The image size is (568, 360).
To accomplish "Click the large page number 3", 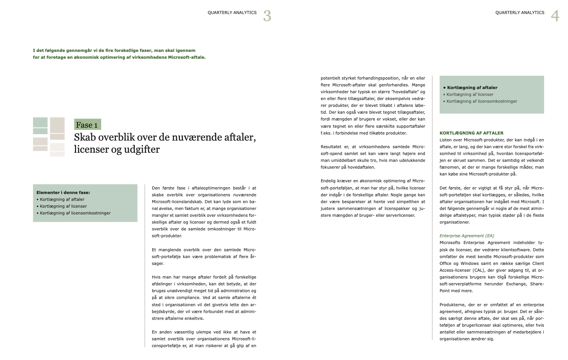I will [267, 16].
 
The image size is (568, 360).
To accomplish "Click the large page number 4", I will [555, 16].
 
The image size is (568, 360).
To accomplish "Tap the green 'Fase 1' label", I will [87, 125].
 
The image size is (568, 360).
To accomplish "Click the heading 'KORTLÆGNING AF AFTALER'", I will [471, 133].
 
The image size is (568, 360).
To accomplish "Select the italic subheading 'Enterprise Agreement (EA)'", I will [467, 236].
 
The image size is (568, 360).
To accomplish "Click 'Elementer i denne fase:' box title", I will [63, 193].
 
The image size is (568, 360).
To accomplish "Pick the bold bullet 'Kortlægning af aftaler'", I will [472, 88].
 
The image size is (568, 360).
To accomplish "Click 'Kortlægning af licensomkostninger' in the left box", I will [75, 213].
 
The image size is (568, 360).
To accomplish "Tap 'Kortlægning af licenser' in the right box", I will [470, 94].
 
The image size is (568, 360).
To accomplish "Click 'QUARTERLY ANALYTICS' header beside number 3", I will [232, 13].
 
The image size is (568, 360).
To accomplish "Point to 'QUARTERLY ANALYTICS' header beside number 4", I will [520, 13].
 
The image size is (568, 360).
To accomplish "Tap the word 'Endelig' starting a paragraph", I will [329, 181].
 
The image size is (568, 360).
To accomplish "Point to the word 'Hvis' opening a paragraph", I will [156, 277].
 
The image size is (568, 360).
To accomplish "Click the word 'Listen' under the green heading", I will [446, 140].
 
